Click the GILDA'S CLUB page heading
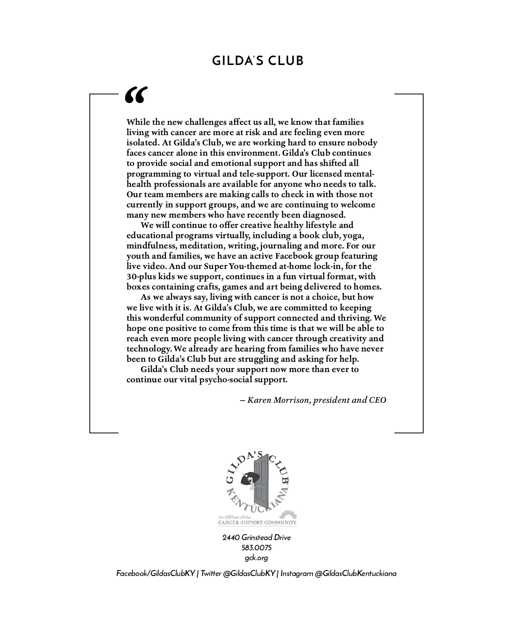tap(258, 61)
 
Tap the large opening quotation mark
tap(136, 95)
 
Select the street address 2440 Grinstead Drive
tap(256, 537)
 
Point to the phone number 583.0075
tap(256, 548)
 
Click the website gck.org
tap(256, 558)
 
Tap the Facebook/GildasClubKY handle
tap(156, 573)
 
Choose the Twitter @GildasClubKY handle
tap(238, 573)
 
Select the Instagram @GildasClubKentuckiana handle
tap(339, 573)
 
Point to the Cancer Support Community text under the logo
tap(257, 522)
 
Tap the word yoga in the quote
tap(354, 236)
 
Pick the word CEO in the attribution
tap(377, 400)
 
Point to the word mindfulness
tap(151, 246)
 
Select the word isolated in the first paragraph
tap(143, 143)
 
